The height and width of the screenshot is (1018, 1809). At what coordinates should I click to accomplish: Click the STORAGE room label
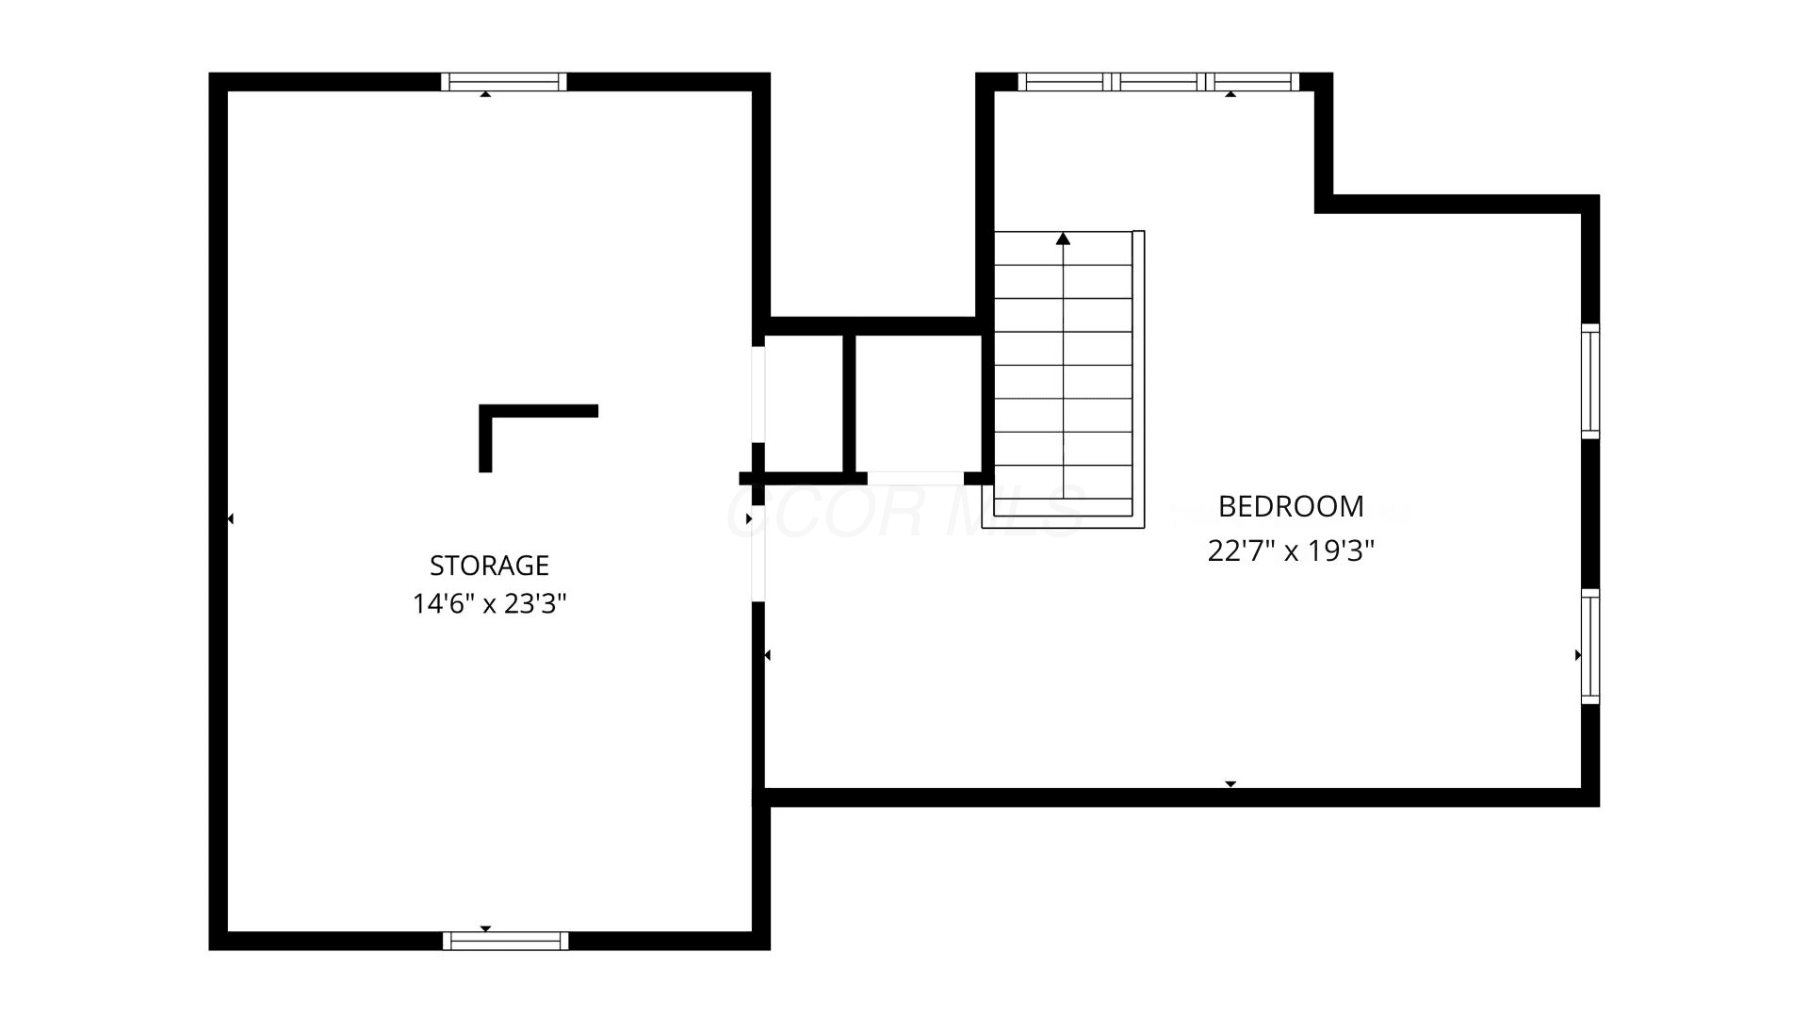point(489,565)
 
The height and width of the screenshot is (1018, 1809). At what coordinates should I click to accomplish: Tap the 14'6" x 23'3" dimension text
point(489,603)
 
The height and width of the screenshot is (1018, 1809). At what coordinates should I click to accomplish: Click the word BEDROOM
point(1291,506)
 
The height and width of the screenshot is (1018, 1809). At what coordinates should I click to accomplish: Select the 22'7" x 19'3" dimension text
point(1291,550)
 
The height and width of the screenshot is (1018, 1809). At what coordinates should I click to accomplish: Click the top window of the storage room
point(504,82)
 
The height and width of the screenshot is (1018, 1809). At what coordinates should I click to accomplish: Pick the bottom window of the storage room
point(505,941)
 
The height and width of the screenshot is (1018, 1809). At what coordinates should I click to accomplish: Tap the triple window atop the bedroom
point(1159,82)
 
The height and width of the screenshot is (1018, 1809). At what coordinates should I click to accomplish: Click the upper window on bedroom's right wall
point(1590,381)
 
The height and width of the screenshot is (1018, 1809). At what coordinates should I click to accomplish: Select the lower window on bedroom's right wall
point(1590,647)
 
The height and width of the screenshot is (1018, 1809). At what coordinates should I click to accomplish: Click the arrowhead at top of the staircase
point(1064,238)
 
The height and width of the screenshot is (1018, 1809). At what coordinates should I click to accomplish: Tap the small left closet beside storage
point(804,403)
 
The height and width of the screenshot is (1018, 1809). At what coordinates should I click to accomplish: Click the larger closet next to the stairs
point(919,403)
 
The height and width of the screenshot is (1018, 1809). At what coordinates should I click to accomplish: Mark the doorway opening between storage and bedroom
point(758,553)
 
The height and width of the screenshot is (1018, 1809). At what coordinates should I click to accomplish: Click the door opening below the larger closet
point(914,478)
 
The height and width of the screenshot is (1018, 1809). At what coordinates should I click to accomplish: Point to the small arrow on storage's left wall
point(230,518)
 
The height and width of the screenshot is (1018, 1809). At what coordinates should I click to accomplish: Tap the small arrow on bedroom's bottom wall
point(1230,784)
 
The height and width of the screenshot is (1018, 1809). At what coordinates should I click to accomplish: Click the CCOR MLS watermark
point(904,512)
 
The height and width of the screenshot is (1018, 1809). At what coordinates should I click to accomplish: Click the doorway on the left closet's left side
point(758,394)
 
